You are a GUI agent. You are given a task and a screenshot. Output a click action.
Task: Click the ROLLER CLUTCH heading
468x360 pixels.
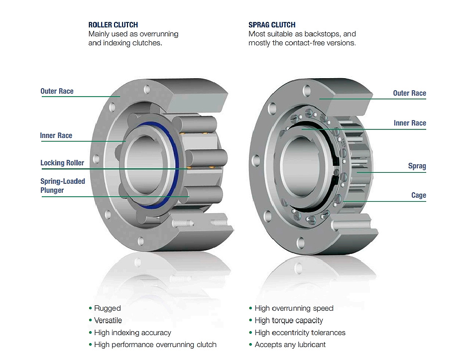click(113, 24)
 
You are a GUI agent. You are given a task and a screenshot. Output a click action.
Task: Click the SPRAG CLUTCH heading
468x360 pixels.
click(272, 24)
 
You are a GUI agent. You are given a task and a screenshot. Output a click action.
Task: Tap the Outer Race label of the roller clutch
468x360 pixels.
click(57, 91)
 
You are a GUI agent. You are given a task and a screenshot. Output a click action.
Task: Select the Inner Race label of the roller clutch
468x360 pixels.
click(56, 135)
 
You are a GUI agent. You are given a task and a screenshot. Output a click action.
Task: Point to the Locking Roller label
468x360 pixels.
click(62, 163)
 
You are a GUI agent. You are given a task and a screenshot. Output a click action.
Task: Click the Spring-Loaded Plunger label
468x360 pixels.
click(63, 186)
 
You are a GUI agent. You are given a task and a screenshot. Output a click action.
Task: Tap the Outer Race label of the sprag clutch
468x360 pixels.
click(409, 93)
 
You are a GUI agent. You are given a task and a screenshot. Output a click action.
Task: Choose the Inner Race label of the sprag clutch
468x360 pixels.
click(410, 123)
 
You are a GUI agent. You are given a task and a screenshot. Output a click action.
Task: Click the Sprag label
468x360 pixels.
click(417, 166)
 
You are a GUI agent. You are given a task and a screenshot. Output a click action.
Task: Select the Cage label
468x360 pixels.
click(418, 195)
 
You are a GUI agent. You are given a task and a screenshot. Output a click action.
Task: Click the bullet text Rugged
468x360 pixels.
click(108, 308)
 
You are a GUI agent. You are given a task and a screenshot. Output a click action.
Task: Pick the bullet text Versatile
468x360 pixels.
click(108, 320)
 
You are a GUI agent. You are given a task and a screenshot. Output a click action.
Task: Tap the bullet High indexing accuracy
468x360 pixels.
click(132, 333)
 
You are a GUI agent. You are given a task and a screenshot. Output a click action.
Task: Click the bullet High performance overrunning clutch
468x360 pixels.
click(155, 345)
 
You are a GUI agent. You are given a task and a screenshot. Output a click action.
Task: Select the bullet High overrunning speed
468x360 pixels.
click(294, 308)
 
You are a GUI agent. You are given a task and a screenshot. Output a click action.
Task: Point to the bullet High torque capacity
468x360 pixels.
click(289, 320)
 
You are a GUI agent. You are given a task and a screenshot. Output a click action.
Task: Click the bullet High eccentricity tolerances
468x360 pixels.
click(300, 333)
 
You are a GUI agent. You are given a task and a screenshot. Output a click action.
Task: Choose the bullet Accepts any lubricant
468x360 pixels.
click(290, 345)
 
